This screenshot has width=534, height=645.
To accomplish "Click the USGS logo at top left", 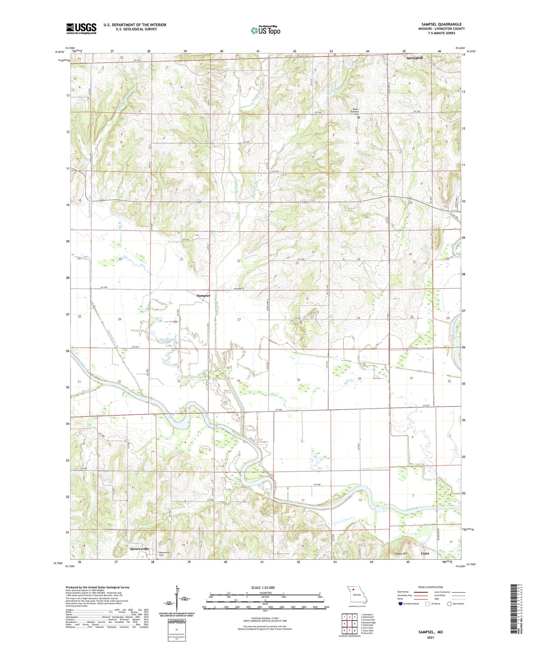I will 81,28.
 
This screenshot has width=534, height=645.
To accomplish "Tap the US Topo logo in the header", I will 265,30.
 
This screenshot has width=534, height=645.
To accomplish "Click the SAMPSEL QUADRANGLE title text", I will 441,24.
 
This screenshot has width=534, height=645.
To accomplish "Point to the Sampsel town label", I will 204,296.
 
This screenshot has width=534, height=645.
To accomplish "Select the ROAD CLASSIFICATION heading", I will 431,587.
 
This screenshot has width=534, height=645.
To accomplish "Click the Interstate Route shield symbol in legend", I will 401,604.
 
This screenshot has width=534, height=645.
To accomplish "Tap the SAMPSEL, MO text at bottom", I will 430,632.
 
